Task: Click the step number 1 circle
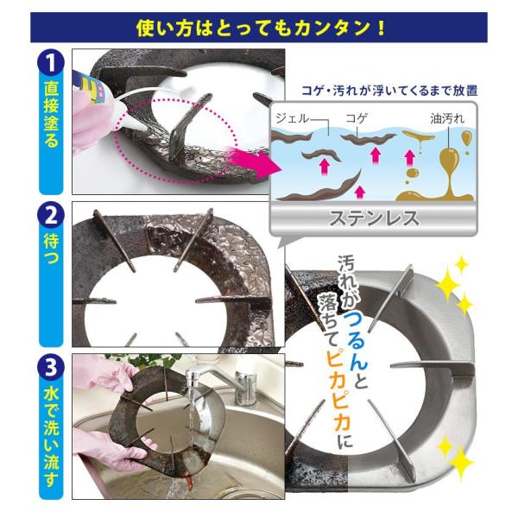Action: (51, 63)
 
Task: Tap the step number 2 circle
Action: (51, 216)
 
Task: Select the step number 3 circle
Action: (51, 368)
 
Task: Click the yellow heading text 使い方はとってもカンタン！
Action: (261, 28)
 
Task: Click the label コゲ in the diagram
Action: (357, 118)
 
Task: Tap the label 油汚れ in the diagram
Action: (447, 118)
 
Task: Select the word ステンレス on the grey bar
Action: (374, 218)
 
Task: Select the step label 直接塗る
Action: (51, 114)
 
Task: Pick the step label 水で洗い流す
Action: (51, 437)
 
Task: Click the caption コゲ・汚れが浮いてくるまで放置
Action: (390, 91)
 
